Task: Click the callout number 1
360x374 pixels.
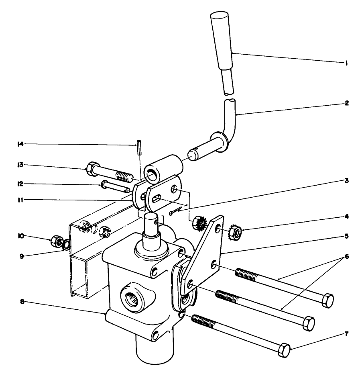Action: (x=346, y=63)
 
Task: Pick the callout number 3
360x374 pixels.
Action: (x=346, y=181)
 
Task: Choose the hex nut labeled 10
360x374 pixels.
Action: (x=55, y=241)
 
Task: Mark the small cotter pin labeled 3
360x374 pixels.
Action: (x=175, y=211)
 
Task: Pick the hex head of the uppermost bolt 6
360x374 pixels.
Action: (x=327, y=300)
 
